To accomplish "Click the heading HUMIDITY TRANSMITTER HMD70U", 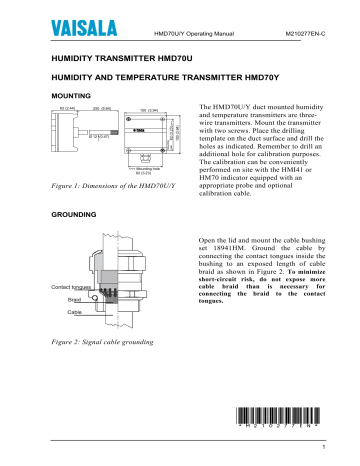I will [117, 59].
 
